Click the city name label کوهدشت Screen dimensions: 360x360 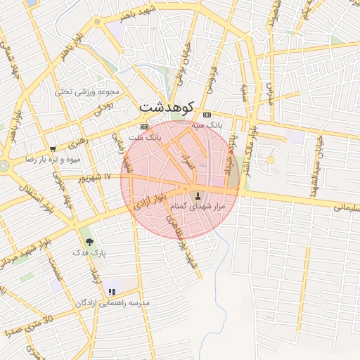click(166, 108)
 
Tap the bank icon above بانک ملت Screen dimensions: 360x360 click(144, 127)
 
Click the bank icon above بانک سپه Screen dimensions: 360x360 click(206, 115)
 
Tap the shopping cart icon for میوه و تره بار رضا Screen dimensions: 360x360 click(53, 148)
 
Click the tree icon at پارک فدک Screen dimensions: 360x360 click(89, 240)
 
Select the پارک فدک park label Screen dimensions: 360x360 click(89, 251)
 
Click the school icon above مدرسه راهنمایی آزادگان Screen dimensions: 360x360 click(112, 292)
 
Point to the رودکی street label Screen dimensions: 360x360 click(102, 107)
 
